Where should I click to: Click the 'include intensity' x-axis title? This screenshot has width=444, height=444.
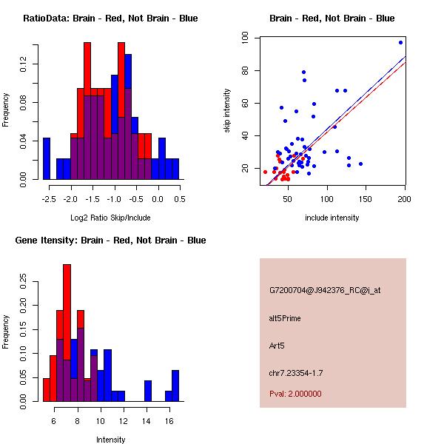tap(332, 218)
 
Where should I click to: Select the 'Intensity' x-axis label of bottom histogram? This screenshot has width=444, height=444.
tap(111, 440)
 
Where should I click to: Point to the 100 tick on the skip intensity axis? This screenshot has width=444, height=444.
tap(247, 38)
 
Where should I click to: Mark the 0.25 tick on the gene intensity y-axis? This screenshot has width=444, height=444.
tap(24, 281)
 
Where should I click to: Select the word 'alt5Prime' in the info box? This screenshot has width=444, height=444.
tap(285, 318)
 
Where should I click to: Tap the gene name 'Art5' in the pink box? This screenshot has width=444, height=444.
tap(277, 345)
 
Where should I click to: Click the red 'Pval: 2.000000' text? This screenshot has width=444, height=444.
tap(295, 394)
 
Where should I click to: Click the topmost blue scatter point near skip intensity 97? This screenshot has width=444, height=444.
tap(400, 42)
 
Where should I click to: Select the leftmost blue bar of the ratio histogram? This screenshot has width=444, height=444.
tap(47, 158)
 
